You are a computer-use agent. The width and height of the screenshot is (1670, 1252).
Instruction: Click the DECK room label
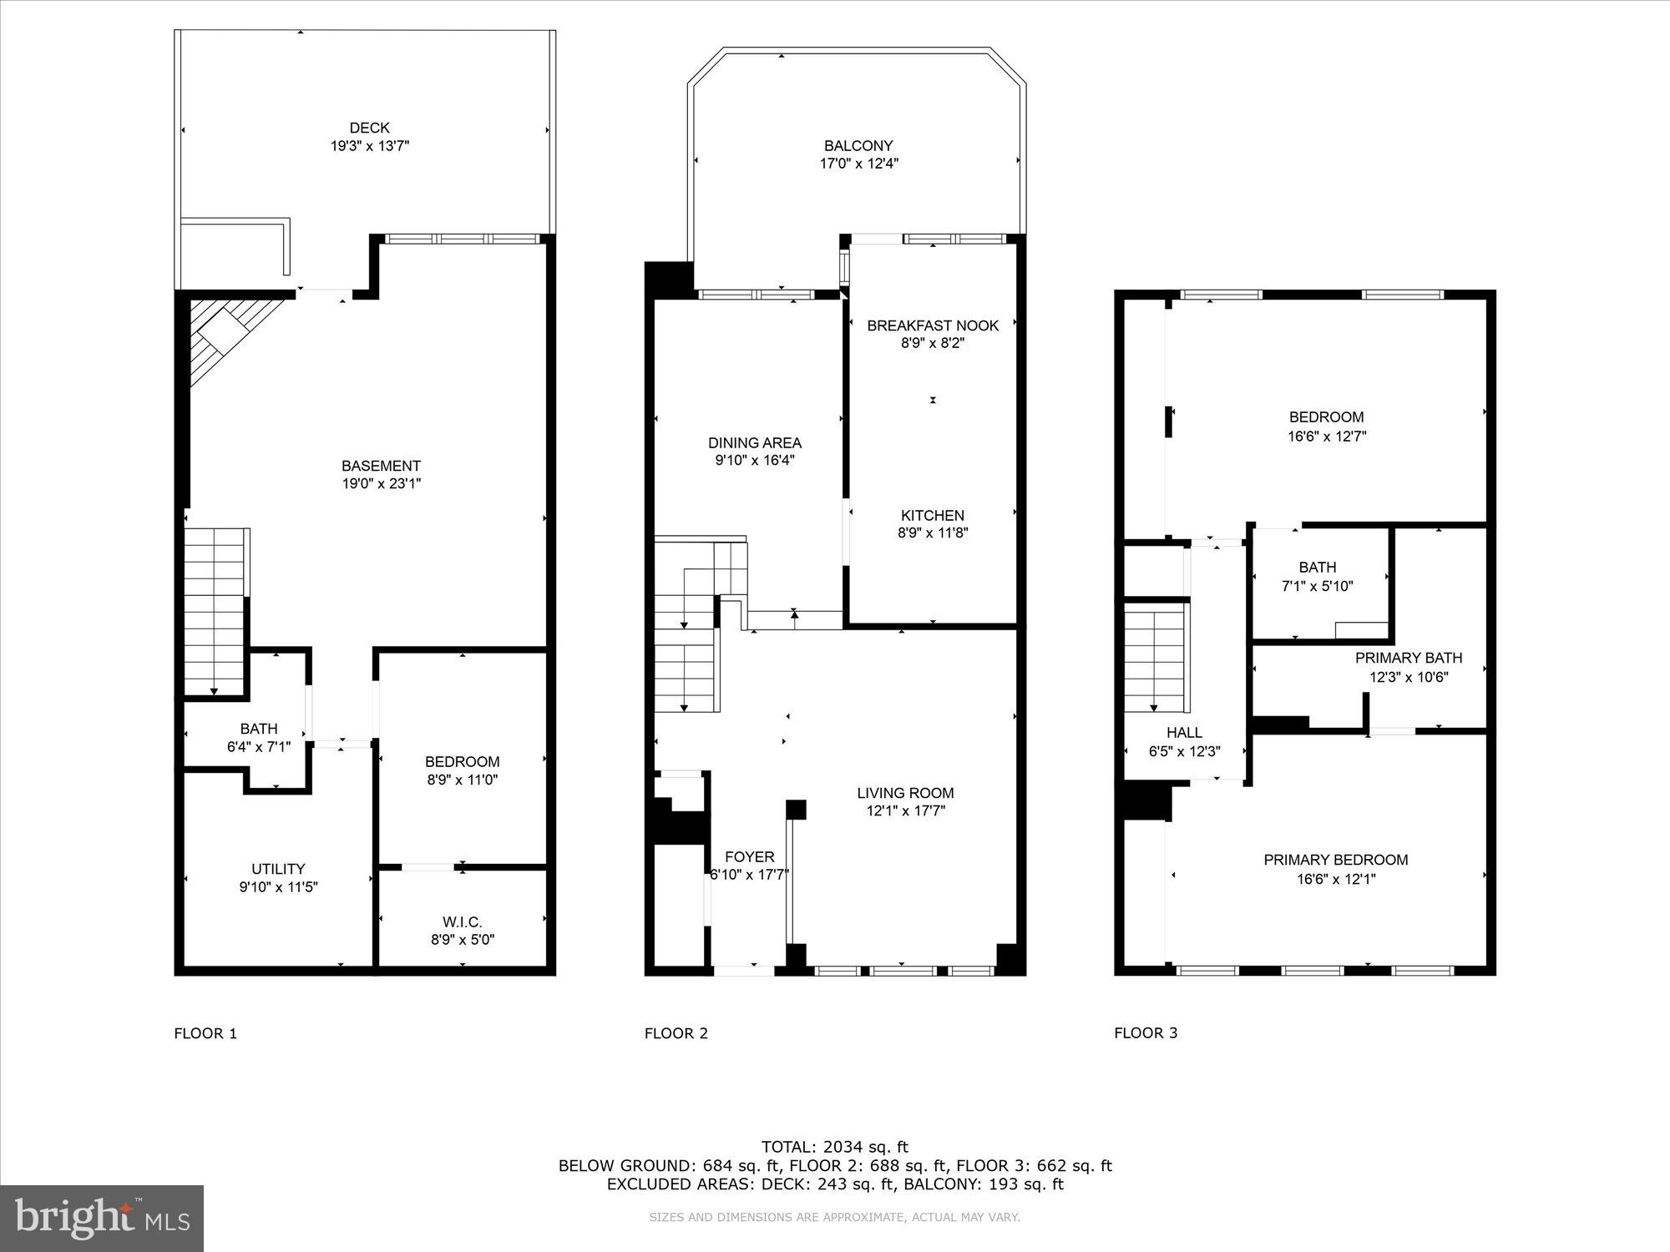tap(369, 128)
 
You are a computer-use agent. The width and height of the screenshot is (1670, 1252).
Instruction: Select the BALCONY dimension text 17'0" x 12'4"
tap(858, 164)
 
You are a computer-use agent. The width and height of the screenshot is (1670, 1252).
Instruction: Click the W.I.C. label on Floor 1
tap(462, 921)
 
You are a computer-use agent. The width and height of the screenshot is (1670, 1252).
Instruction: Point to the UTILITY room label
tap(278, 869)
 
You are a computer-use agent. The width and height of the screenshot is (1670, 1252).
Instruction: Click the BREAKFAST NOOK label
tap(933, 326)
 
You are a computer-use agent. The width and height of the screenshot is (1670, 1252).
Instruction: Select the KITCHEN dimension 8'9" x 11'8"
tap(933, 533)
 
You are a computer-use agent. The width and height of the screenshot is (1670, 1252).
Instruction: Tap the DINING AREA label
tap(754, 443)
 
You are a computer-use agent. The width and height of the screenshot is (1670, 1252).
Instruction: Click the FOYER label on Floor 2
tap(749, 857)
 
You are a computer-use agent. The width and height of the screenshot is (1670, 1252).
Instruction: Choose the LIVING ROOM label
tap(905, 793)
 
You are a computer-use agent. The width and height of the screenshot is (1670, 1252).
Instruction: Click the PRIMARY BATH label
tap(1408, 658)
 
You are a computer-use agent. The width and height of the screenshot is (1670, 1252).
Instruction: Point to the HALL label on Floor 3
tap(1184, 733)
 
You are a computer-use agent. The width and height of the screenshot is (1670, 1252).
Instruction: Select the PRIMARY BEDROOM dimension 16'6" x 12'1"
tap(1335, 879)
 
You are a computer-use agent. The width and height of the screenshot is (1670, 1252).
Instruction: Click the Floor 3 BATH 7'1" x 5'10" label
tap(1317, 568)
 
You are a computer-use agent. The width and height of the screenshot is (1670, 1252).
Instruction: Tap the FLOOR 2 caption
tap(676, 1033)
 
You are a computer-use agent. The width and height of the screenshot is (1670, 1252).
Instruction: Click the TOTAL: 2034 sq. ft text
tap(834, 1147)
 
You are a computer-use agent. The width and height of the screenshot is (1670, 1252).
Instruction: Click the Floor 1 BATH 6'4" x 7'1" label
tap(258, 729)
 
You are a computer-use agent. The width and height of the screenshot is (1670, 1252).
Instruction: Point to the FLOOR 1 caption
tap(205, 1033)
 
